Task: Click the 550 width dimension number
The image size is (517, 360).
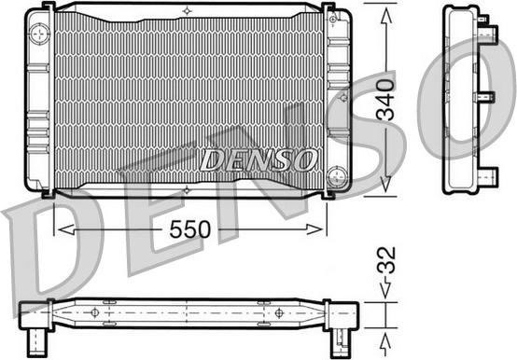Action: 190,229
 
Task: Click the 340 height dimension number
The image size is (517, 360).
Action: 385,100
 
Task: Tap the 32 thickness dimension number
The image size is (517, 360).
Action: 386,260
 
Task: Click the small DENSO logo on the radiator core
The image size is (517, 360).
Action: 258,160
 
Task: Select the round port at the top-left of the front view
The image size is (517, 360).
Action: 39,34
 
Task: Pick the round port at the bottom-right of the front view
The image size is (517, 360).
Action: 337,176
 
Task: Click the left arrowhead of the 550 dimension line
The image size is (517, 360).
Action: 66,229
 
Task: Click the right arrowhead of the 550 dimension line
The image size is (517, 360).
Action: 314,229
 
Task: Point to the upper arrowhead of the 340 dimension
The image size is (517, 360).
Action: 386,16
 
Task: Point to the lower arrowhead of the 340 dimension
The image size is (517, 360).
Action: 386,184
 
